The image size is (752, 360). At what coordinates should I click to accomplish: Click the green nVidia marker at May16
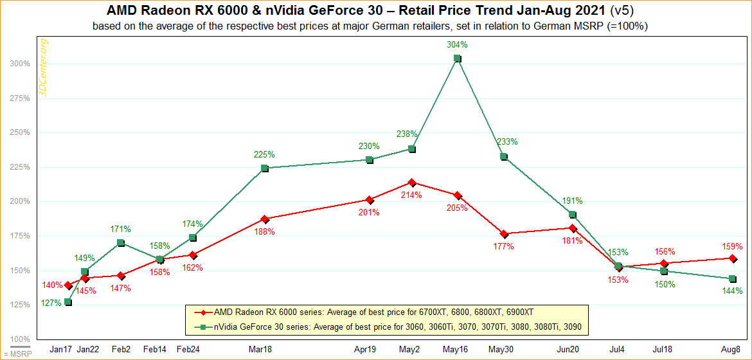point(457,59)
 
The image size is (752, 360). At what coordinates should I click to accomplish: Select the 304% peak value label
point(457,45)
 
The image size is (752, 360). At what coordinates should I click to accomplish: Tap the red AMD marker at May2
point(412,183)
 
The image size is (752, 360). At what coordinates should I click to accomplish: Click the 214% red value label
point(412,195)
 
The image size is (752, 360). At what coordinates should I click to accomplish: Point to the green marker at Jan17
point(68,302)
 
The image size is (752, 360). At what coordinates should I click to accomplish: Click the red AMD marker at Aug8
point(732,258)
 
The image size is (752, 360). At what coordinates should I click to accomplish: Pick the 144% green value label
point(732,291)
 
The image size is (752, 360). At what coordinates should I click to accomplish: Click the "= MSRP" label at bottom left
point(13,354)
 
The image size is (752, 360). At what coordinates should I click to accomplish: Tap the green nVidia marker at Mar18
point(265,168)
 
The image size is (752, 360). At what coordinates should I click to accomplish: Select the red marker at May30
point(504,234)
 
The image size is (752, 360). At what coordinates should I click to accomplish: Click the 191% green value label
point(572,201)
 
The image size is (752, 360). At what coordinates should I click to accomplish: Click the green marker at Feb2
point(121,243)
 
